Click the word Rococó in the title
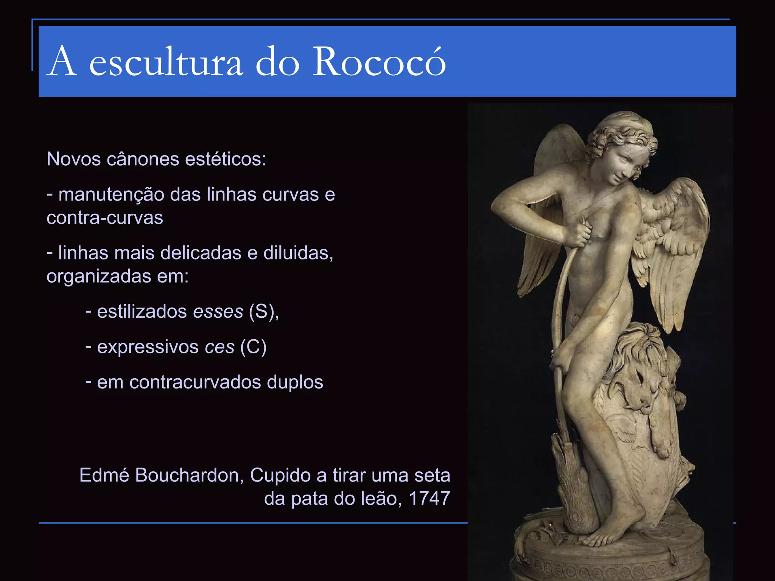[380, 61]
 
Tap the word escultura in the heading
[166, 62]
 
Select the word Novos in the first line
[73, 159]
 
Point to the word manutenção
[111, 194]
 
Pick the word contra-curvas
[105, 218]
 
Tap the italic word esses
[218, 312]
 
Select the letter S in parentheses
[261, 312]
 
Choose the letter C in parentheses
[253, 347]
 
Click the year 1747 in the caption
[430, 499]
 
